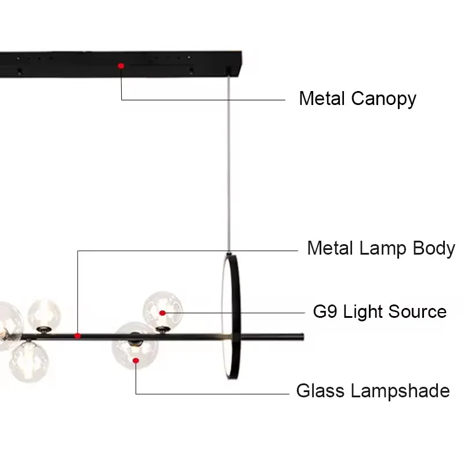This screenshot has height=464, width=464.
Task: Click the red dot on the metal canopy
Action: click(121, 66)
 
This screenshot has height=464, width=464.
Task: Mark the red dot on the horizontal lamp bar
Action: click(77, 335)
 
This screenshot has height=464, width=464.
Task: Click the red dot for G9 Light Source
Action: click(163, 313)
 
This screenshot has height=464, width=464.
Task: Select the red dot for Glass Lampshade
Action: click(136, 361)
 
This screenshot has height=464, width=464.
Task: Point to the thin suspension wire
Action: click(230, 162)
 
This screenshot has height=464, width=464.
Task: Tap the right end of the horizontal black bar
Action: click(301, 336)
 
